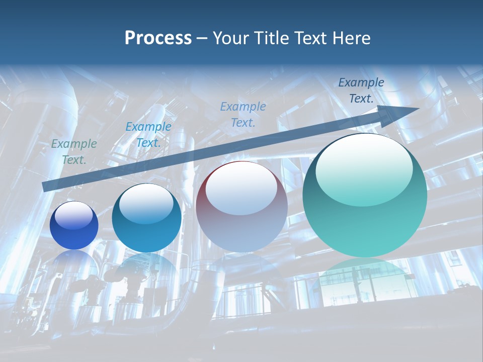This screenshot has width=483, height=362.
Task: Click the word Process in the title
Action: pos(158,38)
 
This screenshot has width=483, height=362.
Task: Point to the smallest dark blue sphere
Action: pos(74,226)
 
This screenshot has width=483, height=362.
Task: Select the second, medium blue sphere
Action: pos(146,218)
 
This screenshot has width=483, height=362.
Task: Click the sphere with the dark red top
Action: pos(242,207)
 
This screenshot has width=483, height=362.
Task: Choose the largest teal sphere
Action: pos(365,196)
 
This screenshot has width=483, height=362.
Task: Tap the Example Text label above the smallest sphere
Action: pos(74,152)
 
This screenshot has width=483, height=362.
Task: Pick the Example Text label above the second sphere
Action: pos(148,135)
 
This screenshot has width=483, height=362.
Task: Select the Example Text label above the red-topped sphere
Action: pos(243,114)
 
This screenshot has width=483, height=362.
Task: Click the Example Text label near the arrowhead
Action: pos(361,90)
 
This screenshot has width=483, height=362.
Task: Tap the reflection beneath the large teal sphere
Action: pos(365,277)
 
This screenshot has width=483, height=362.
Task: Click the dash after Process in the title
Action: pos(202,38)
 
